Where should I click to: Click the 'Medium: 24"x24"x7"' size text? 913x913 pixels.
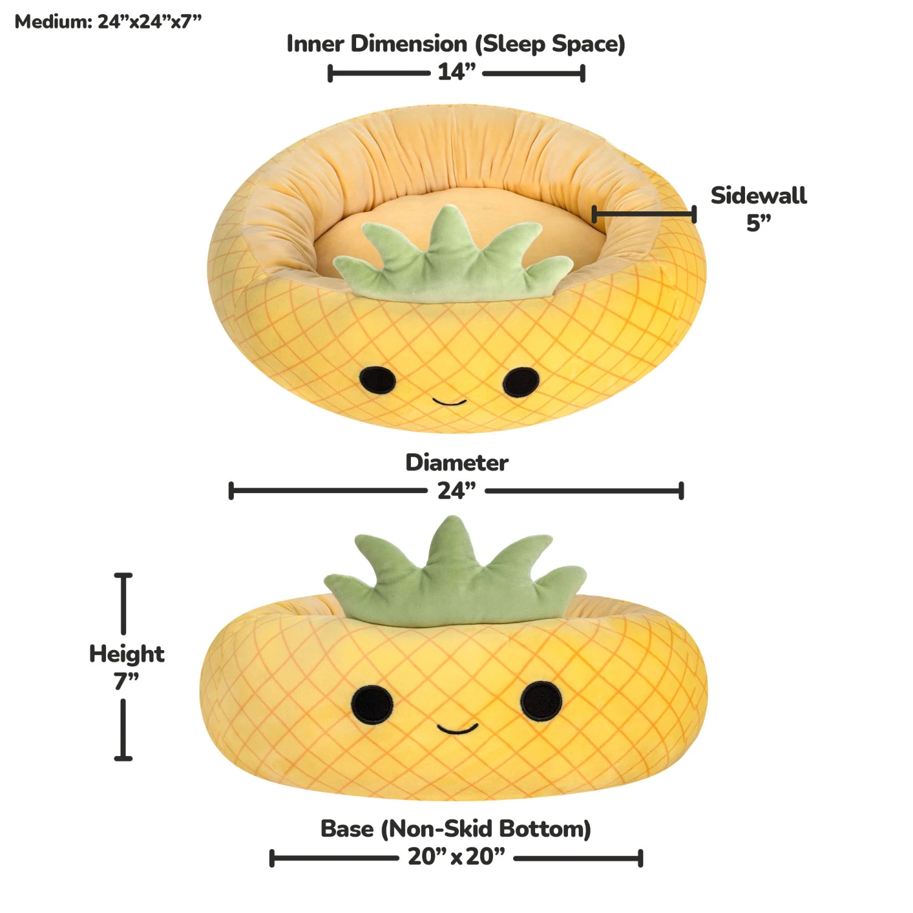(x=108, y=22)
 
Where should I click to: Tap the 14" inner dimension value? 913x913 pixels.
(x=456, y=72)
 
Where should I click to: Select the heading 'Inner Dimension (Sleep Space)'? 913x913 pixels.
(x=456, y=44)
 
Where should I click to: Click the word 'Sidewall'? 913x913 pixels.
(x=758, y=195)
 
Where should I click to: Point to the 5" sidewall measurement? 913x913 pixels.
(x=758, y=223)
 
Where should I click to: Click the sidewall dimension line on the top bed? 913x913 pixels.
(x=644, y=214)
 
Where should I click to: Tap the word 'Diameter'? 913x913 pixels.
(x=456, y=463)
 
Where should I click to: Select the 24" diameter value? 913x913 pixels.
(x=456, y=490)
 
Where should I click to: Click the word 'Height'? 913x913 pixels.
(x=127, y=654)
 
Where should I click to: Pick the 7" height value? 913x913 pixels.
(x=126, y=680)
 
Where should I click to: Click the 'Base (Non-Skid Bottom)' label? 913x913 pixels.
(x=456, y=829)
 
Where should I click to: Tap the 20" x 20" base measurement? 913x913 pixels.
(x=456, y=856)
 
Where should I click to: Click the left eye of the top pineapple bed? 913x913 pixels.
(x=377, y=380)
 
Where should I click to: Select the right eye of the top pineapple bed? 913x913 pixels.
(x=521, y=382)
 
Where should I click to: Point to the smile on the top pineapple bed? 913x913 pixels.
(x=449, y=402)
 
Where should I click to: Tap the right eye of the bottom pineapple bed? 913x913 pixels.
(x=541, y=700)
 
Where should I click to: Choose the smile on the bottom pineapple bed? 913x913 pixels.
(x=457, y=729)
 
